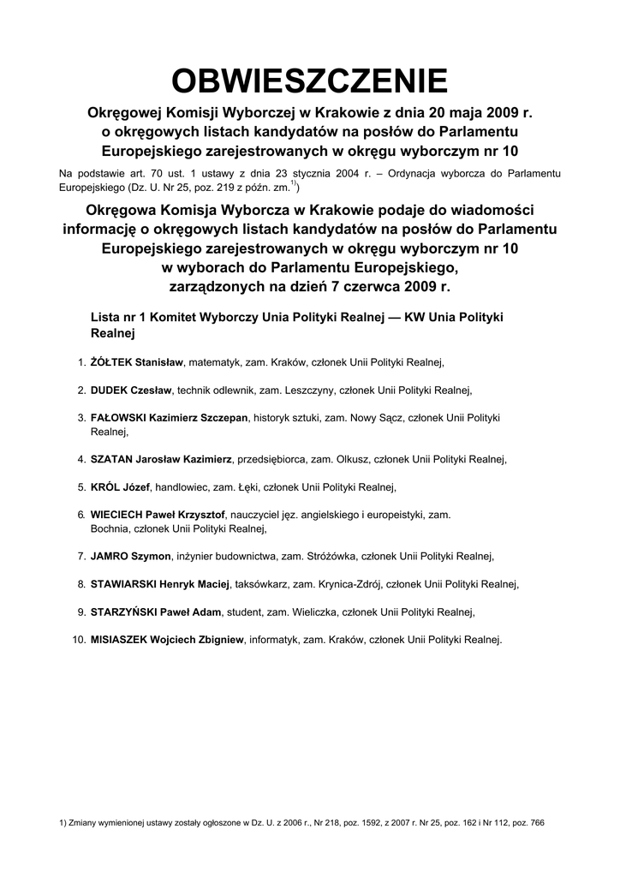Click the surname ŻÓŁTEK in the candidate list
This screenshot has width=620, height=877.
point(111,363)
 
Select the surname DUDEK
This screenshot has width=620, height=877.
point(109,391)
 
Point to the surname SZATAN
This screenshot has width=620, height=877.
point(111,460)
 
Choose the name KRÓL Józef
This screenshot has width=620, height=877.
point(120,487)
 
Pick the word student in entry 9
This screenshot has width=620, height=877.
point(242,612)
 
